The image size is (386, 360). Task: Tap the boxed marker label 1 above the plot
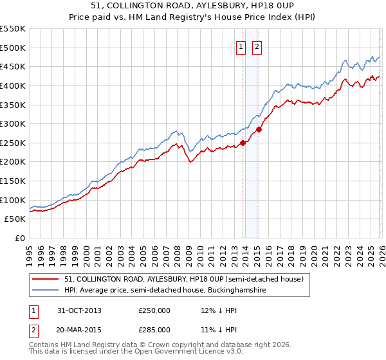point(241,46)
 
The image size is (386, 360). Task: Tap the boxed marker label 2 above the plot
point(257,46)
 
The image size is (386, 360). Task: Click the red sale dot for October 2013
point(243,143)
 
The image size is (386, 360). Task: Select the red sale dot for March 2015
point(259,129)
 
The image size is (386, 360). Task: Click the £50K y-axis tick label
point(15,219)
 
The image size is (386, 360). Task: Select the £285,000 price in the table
point(154,329)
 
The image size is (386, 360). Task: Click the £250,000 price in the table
point(154,310)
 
